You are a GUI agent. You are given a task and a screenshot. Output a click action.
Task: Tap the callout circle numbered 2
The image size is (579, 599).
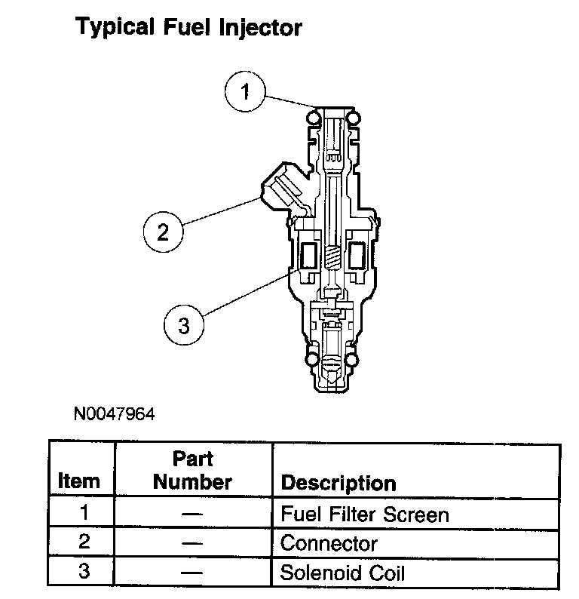pyautogui.click(x=164, y=231)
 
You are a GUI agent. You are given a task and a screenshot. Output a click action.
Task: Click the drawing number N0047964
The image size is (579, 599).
pyautogui.click(x=114, y=414)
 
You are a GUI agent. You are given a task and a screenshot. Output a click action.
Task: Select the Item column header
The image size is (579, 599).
pyautogui.click(x=79, y=481)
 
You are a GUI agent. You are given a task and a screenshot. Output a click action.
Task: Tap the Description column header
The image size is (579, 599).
pyautogui.click(x=338, y=483)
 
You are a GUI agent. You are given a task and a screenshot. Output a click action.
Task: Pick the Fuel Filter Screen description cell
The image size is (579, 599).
pyautogui.click(x=365, y=515)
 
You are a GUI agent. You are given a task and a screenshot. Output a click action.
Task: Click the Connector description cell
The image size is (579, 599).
pyautogui.click(x=329, y=543)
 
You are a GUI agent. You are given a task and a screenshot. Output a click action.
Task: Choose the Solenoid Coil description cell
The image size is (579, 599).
pyautogui.click(x=342, y=572)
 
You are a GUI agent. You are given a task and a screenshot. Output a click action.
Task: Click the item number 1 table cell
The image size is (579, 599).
pyautogui.click(x=84, y=514)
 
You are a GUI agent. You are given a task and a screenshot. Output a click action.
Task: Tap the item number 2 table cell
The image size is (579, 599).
pyautogui.click(x=84, y=542)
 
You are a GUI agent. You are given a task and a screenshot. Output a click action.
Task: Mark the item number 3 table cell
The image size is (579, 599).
pyautogui.click(x=84, y=571)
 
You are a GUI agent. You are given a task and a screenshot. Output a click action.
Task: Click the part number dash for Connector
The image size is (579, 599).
pyautogui.click(x=192, y=543)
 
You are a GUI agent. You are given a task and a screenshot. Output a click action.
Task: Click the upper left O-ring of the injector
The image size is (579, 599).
pyautogui.click(x=311, y=117)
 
